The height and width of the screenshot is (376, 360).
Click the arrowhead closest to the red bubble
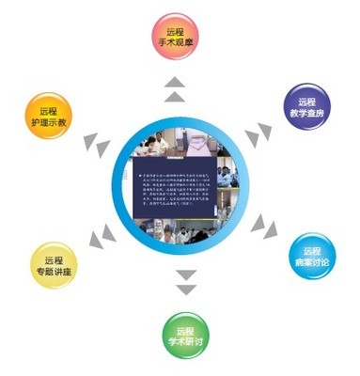175,81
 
